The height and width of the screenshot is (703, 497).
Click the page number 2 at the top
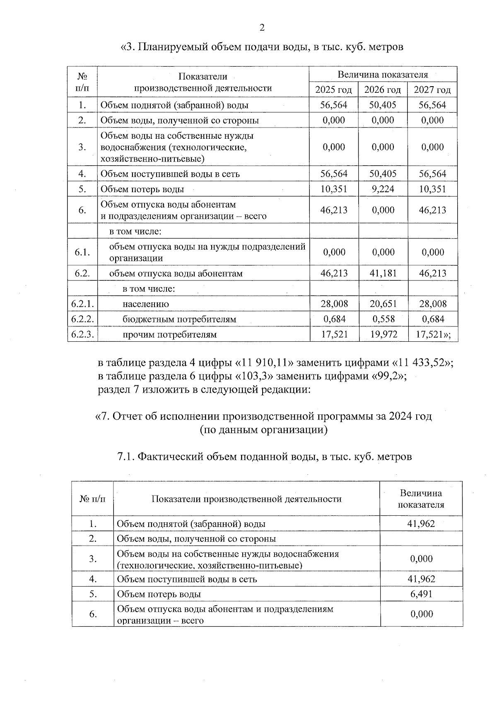coord(261,28)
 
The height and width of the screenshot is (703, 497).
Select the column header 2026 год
coord(383,90)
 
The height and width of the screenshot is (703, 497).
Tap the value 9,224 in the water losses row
coord(383,189)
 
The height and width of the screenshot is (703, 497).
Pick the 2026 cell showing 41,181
coord(383,273)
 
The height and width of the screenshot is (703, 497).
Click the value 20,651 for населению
coord(383,304)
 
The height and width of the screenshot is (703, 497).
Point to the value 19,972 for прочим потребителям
coord(383,334)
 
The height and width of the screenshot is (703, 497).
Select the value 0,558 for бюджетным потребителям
coord(383,319)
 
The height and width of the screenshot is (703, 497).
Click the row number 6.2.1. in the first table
coord(82,304)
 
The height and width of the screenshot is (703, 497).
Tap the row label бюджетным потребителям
coord(179,319)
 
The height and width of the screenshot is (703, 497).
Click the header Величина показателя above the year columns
coord(383,75)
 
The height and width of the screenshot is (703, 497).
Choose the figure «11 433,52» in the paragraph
coord(422,363)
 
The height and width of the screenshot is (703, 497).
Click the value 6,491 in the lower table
coord(421,594)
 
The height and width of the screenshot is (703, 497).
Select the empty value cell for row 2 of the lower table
coord(421,539)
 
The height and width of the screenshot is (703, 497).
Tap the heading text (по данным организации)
coord(263,430)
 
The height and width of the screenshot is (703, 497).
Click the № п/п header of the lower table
coord(93,499)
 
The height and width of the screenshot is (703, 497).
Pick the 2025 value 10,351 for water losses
coord(334,189)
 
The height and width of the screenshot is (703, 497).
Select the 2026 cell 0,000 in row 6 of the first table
coord(383,210)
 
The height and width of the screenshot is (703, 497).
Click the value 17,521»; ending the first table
coord(433,334)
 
